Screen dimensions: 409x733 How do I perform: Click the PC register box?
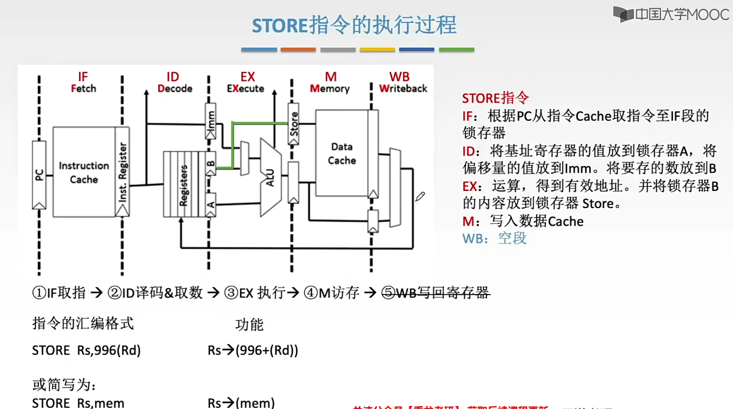[x=39, y=174]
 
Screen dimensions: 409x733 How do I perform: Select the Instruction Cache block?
[x=84, y=172]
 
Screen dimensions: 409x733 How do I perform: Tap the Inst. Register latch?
[x=123, y=172]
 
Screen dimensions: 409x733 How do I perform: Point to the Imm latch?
[x=211, y=121]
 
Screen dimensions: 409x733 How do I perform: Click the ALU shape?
[x=270, y=176]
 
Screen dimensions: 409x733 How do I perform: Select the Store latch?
[x=294, y=124]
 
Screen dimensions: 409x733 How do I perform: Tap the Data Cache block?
[x=342, y=153]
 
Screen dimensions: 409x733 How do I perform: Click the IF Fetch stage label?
[x=83, y=83]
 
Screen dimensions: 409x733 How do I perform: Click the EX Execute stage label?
[x=246, y=83]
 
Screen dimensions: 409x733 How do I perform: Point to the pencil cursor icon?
[x=420, y=196]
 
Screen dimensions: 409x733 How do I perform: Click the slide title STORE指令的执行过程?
[x=354, y=25]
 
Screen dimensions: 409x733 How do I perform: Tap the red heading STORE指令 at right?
[x=495, y=98]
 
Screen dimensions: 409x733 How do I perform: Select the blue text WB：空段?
[x=494, y=238]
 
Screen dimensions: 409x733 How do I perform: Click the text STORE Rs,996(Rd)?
[x=86, y=351]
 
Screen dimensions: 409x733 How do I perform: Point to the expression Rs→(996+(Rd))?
[x=252, y=351]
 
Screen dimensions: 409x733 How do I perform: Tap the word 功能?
[x=249, y=325]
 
